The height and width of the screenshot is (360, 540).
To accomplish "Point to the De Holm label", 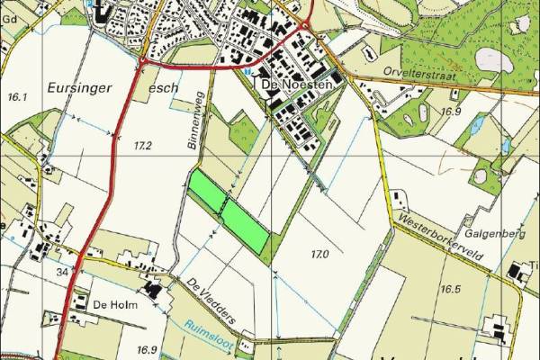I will click(112, 306).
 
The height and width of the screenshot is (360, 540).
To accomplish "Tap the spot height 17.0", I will click(319, 256).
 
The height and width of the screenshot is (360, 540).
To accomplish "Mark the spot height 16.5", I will click(450, 289).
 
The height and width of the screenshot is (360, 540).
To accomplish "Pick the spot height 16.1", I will click(19, 96).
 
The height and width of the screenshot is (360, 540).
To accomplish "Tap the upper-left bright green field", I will click(206, 190).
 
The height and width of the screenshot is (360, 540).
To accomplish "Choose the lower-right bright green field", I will click(245, 225).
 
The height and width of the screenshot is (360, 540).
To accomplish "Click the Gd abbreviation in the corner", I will click(10, 17).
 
